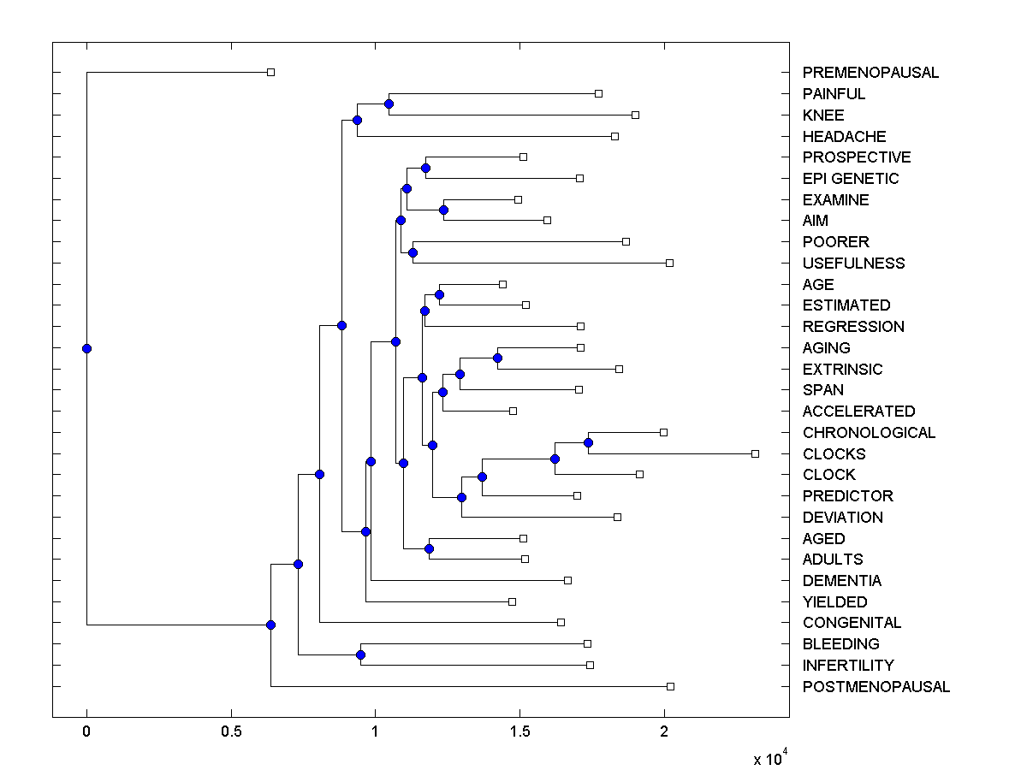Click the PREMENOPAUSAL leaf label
click(x=870, y=73)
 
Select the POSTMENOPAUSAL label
click(x=876, y=687)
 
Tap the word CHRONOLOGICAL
click(x=869, y=433)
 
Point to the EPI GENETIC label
click(x=851, y=179)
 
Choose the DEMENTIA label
click(x=842, y=581)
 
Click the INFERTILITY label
click(x=848, y=666)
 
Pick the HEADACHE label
click(x=844, y=137)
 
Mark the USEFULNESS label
click(x=853, y=264)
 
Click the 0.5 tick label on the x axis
click(x=230, y=731)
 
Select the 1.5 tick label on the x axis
click(x=519, y=731)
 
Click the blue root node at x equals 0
click(x=86, y=348)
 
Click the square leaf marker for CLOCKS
click(x=755, y=453)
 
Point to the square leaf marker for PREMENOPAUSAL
click(x=270, y=72)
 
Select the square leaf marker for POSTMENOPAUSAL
click(x=670, y=686)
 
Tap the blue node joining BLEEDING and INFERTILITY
click(x=360, y=654)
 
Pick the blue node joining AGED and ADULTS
click(x=429, y=548)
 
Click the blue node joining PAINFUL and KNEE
click(x=389, y=104)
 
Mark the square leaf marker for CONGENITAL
click(x=561, y=622)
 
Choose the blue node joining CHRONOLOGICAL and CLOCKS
click(x=588, y=442)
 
